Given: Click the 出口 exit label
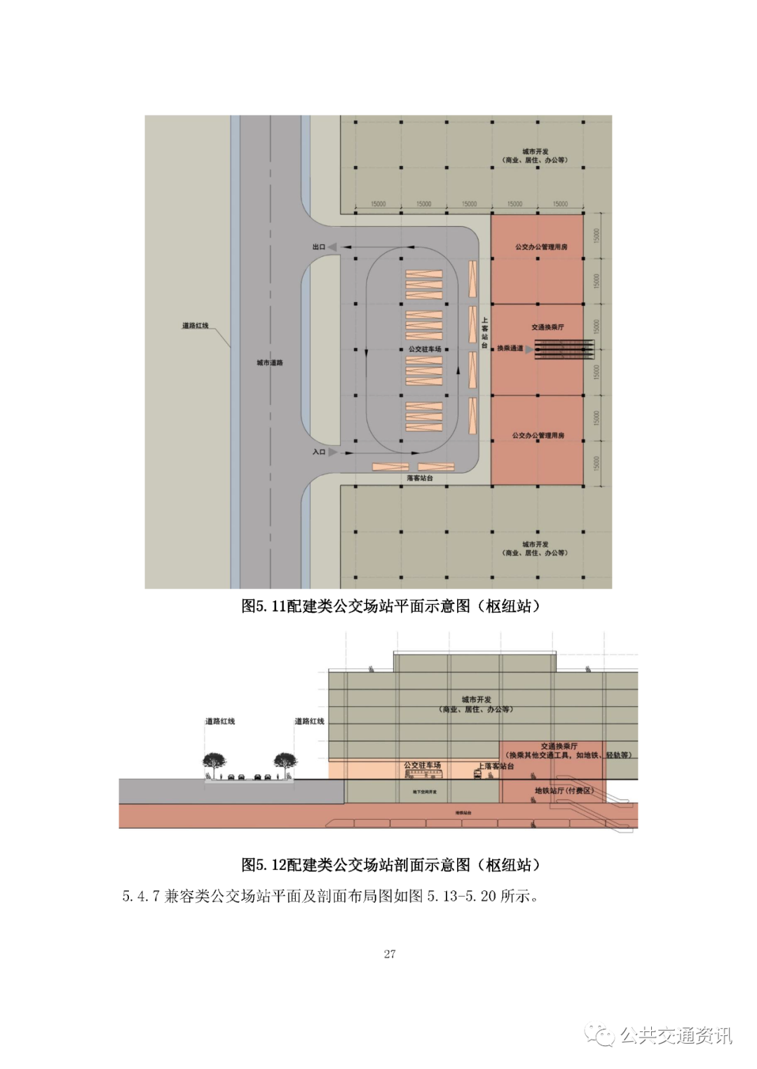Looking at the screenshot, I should click(x=318, y=247).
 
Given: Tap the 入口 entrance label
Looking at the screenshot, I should click(x=318, y=452).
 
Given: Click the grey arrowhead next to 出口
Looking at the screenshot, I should click(x=332, y=247).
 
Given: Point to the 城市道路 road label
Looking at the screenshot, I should click(x=270, y=363).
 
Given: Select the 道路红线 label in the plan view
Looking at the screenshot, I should click(x=196, y=326).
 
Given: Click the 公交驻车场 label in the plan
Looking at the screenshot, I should click(x=425, y=349).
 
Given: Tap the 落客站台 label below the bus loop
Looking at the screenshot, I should click(x=420, y=478).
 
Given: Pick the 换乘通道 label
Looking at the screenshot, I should click(x=510, y=348).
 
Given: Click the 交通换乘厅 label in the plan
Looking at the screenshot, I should click(x=547, y=327).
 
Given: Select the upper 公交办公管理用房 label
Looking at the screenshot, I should click(x=541, y=247).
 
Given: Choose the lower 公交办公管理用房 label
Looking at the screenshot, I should click(x=538, y=436).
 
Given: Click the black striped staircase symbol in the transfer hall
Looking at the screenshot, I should click(x=564, y=350).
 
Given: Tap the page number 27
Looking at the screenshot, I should click(x=390, y=953).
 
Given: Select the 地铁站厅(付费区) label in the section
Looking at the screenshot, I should click(x=564, y=791).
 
